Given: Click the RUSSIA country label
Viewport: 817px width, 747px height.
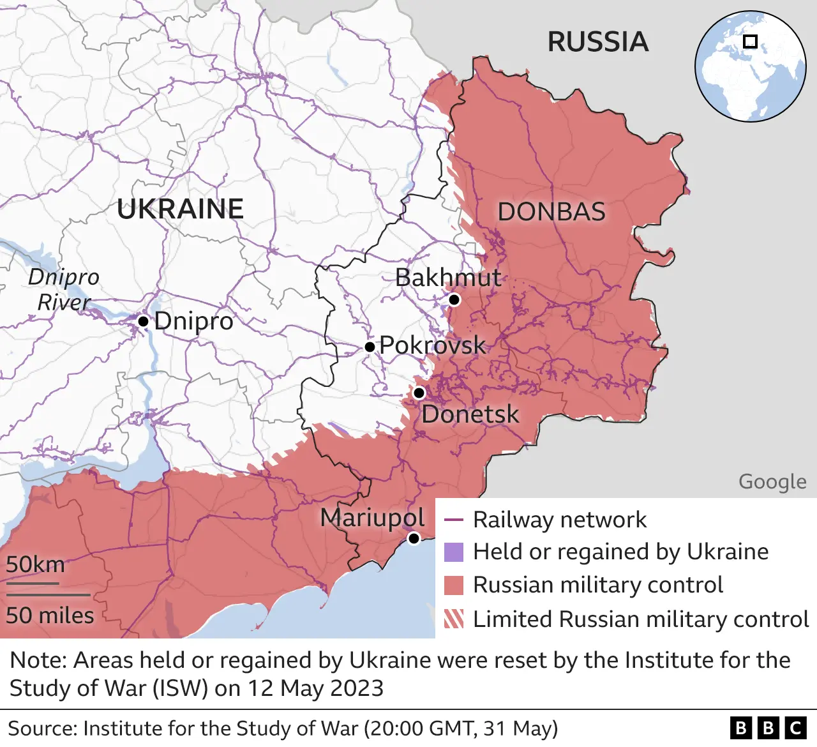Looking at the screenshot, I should pyautogui.click(x=598, y=42).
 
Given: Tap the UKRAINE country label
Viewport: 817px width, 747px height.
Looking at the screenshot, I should pyautogui.click(x=181, y=209).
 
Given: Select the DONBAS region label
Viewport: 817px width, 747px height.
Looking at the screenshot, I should pyautogui.click(x=551, y=212).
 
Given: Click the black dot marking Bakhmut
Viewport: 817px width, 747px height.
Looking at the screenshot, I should pyautogui.click(x=454, y=299).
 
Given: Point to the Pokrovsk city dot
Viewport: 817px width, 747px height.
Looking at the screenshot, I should pyautogui.click(x=370, y=347).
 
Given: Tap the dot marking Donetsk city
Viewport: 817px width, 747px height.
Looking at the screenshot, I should pyautogui.click(x=419, y=393).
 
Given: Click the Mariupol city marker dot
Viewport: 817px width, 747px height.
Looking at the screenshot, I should pyautogui.click(x=414, y=538).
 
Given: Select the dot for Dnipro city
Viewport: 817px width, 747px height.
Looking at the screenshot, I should pyautogui.click(x=144, y=321).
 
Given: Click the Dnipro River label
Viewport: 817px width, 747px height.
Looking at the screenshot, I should pyautogui.click(x=64, y=289).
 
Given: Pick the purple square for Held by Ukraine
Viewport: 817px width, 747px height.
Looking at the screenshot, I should pyautogui.click(x=454, y=552).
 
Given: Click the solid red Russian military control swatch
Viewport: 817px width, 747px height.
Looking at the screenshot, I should pyautogui.click(x=454, y=585).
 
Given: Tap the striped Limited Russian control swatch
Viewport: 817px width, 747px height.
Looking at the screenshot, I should pyautogui.click(x=454, y=619).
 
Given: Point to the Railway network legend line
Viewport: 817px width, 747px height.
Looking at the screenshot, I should pyautogui.click(x=453, y=520).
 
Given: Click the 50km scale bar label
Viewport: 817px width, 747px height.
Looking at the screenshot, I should pyautogui.click(x=36, y=564).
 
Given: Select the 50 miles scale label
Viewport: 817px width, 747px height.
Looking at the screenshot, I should pyautogui.click(x=50, y=615).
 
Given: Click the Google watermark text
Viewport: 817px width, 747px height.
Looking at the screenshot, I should pyautogui.click(x=772, y=481).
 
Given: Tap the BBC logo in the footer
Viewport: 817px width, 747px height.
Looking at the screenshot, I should pyautogui.click(x=768, y=728).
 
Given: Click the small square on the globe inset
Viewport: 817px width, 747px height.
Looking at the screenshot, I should pyautogui.click(x=751, y=41).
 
